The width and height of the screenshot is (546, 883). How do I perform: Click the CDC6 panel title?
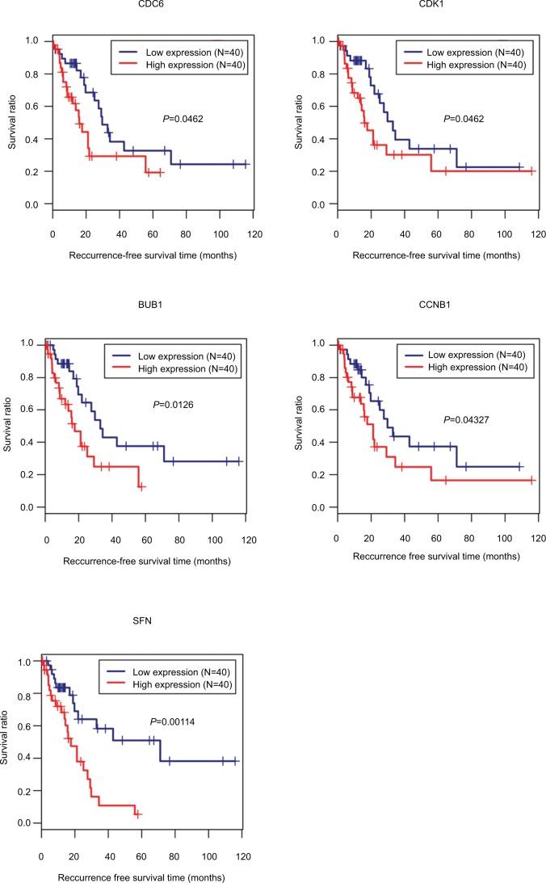pos(147,6)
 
